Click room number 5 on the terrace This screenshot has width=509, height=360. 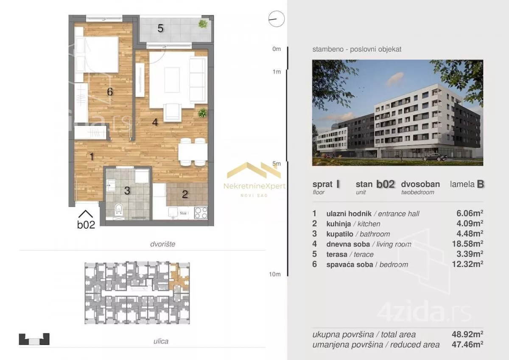160,28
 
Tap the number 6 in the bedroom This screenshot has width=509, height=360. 110,92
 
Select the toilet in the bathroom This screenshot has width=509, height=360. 119,209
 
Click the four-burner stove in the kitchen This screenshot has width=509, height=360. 201,213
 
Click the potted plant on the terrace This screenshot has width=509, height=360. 203,24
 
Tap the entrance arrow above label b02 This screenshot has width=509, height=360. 86,214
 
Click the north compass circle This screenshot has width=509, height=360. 276,19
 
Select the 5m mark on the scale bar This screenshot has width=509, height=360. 277,163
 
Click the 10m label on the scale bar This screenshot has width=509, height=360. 275,274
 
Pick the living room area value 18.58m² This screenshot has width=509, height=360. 467,244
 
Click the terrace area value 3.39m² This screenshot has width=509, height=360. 470,254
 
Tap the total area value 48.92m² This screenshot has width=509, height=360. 467,334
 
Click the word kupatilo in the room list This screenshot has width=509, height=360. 340,234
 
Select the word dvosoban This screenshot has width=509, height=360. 420,184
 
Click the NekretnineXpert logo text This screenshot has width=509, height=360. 255,186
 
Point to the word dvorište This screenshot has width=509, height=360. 163,244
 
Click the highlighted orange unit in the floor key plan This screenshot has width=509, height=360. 179,278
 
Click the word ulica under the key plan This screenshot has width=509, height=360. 161,341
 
